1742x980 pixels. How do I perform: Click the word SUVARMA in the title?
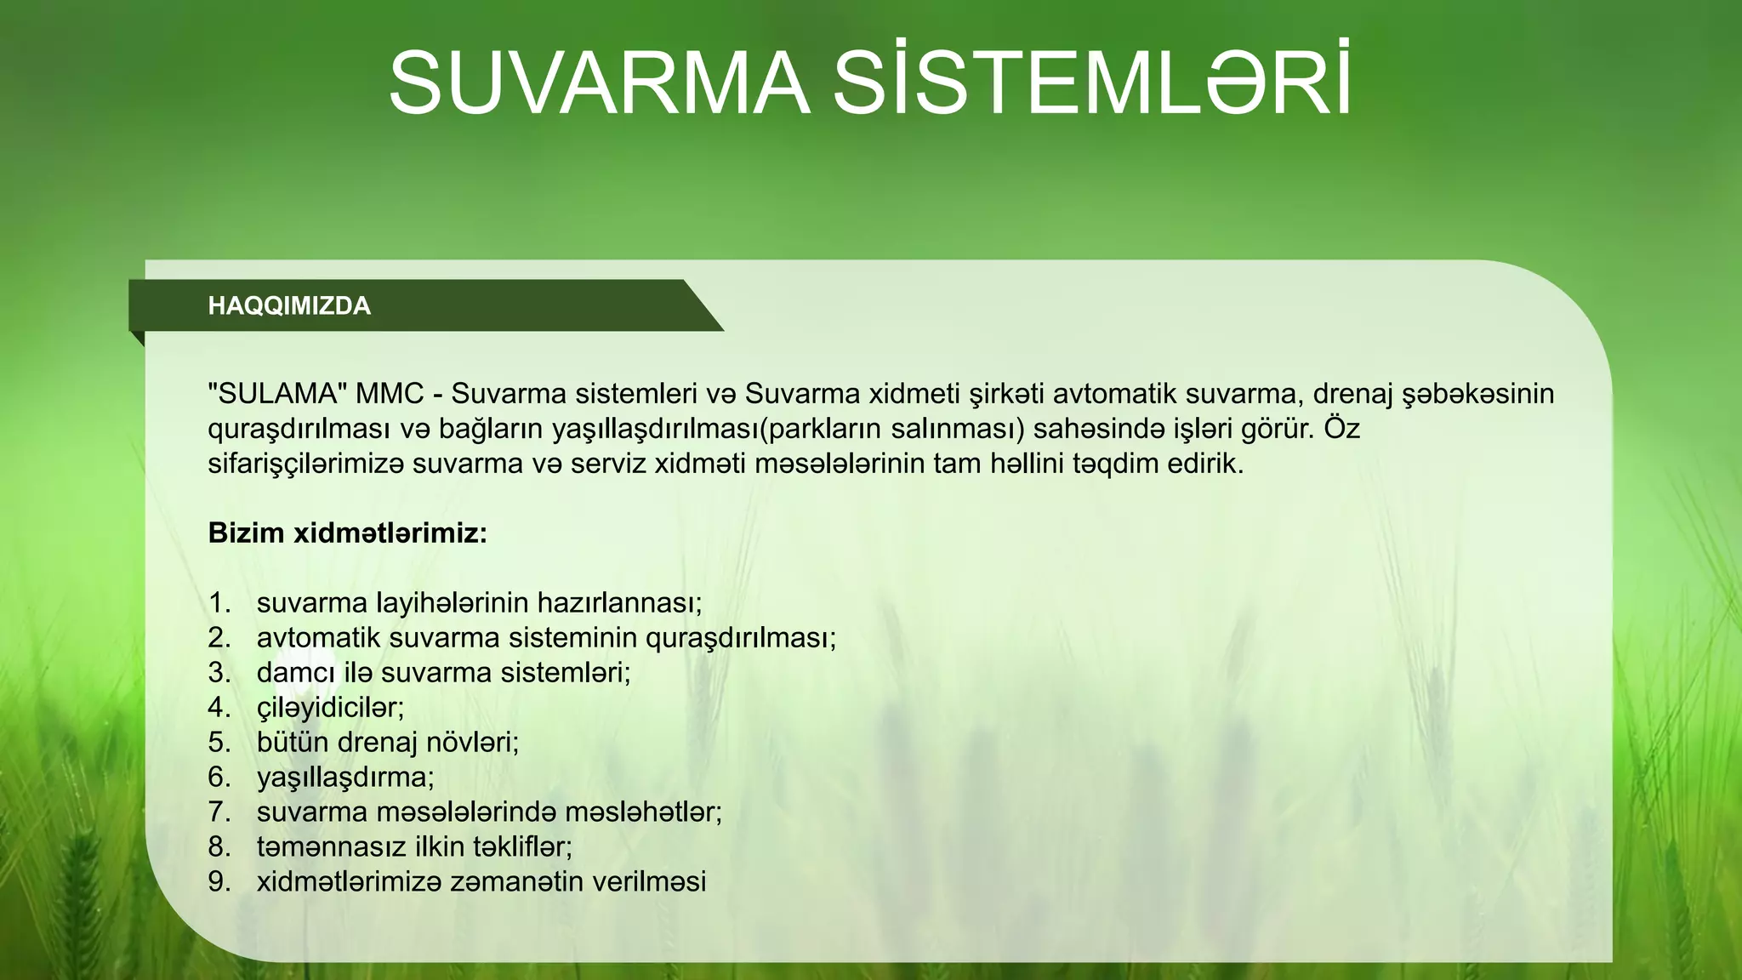pos(599,83)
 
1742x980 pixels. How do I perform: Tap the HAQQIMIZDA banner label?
pos(289,306)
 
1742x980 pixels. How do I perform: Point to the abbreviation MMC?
pos(390,394)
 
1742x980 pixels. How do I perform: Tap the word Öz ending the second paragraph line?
pos(1341,428)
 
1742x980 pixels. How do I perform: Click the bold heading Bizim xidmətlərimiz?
pos(348,533)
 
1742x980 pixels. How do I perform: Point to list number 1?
pos(219,603)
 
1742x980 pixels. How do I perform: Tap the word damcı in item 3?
pos(296,673)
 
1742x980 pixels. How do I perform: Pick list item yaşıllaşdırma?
pos(345,778)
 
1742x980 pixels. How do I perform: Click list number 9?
pos(219,882)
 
